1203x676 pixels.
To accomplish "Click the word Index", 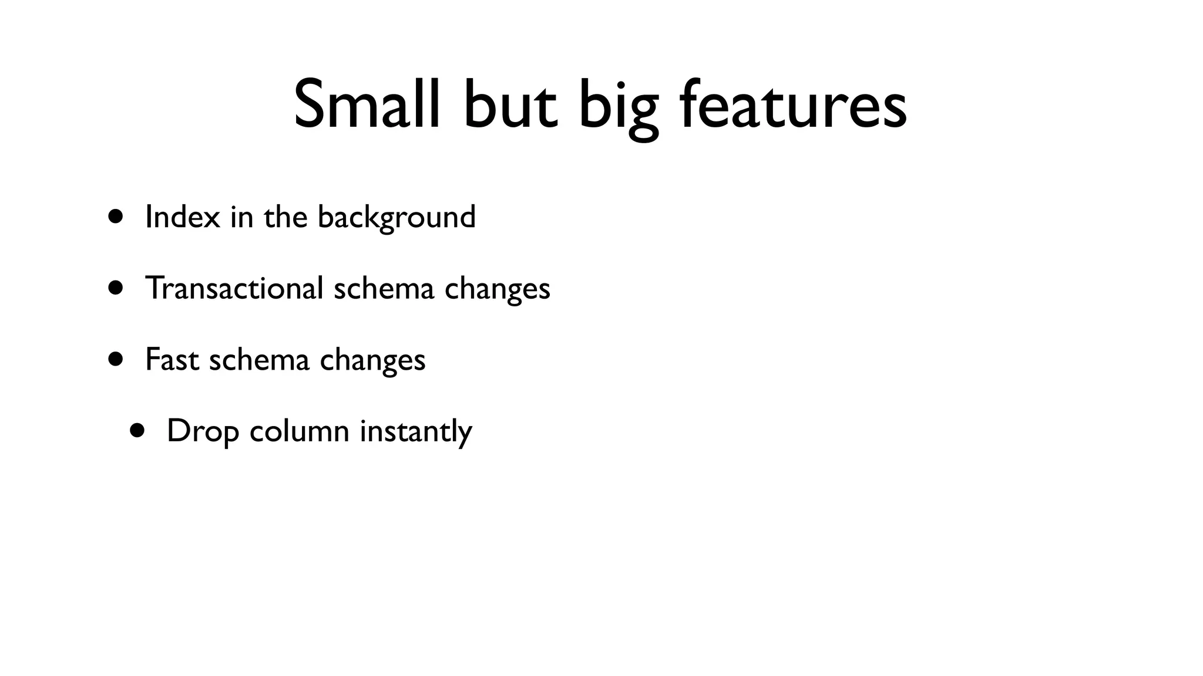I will coord(182,217).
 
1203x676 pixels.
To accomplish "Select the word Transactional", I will coord(234,288).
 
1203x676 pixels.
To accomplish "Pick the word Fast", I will coord(172,360).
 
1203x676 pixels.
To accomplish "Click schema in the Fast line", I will coord(259,360).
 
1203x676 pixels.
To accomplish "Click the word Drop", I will coord(203,432).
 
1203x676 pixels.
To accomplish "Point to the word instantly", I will coord(416,432).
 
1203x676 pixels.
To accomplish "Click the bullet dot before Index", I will coord(116,216).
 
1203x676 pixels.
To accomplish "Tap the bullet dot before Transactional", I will coord(116,288).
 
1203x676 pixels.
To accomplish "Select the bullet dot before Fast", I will coord(116,359).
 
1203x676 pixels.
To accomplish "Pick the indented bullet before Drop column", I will coord(137,431).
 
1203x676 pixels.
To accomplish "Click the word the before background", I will coord(285,217).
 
